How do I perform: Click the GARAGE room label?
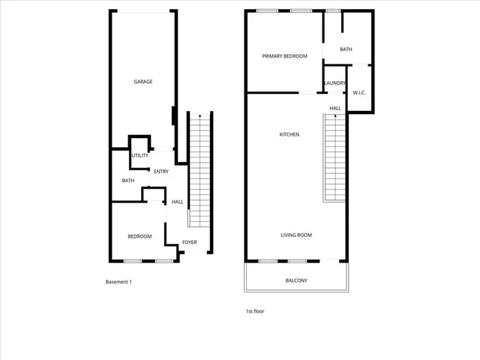tap(143, 82)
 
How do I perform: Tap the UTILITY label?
tap(139, 155)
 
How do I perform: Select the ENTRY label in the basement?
tap(160, 171)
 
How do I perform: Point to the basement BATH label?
tap(128, 180)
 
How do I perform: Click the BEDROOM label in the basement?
tap(139, 236)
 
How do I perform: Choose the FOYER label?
tap(190, 241)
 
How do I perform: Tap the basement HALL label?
tap(178, 202)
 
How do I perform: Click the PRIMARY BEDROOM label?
tap(284, 56)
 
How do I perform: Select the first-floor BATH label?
tap(346, 49)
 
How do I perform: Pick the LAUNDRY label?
tap(334, 82)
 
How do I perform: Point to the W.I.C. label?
tap(358, 92)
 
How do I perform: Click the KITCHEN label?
tap(289, 134)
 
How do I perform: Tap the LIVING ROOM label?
tap(296, 235)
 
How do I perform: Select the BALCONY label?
tap(296, 280)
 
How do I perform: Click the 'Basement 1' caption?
tap(118, 282)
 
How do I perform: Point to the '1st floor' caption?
tap(255, 310)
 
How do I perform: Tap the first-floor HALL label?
tap(335, 108)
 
